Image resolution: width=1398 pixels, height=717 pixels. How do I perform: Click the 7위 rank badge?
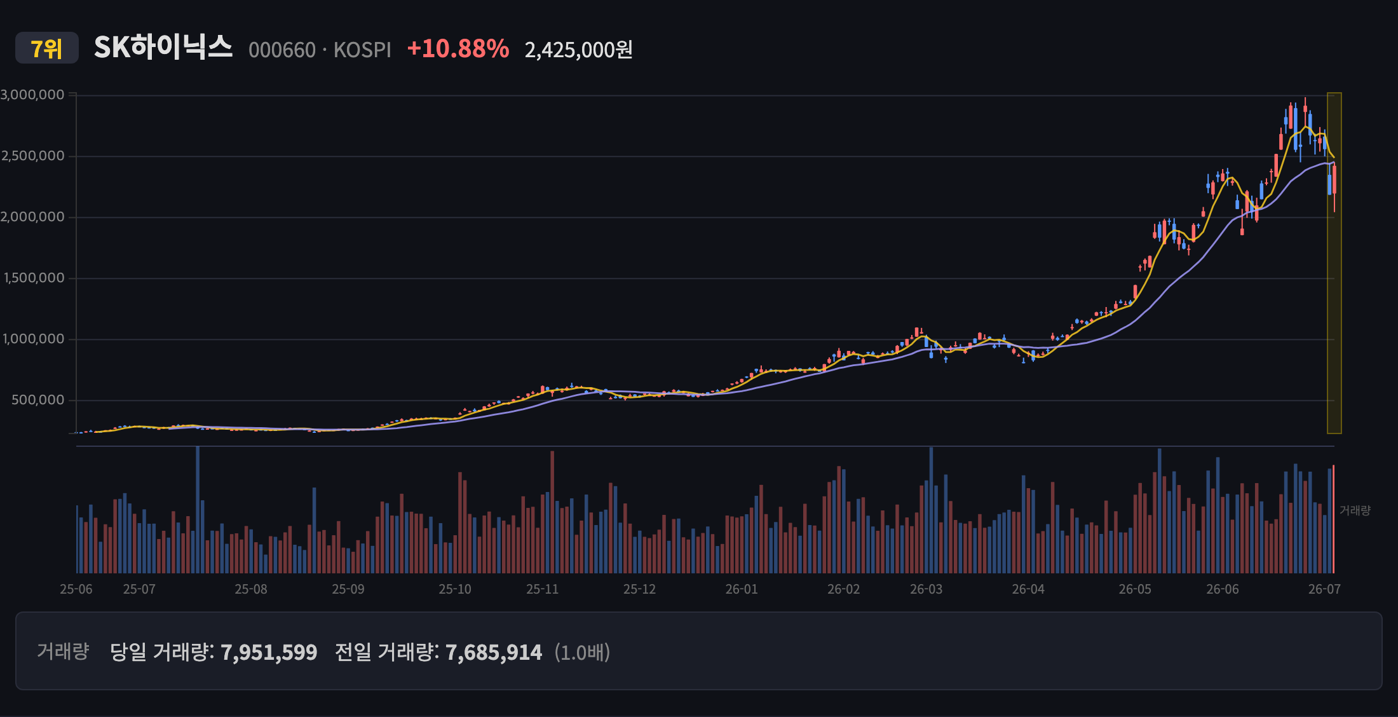tap(47, 48)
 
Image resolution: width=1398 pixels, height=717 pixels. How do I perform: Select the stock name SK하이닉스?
tap(163, 47)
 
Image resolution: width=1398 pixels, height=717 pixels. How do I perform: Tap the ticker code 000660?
tap(282, 50)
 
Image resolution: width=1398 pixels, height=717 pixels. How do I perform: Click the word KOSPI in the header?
tap(362, 50)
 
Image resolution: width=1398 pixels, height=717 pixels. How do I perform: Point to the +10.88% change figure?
tap(458, 48)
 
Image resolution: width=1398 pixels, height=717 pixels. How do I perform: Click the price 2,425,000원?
tap(578, 50)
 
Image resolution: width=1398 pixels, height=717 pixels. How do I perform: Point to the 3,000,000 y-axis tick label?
tap(32, 95)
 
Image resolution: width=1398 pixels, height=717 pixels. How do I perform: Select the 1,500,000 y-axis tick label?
tap(34, 278)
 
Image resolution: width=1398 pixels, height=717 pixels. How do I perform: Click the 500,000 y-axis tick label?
tap(38, 400)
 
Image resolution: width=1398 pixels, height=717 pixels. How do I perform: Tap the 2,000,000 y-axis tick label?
tap(32, 217)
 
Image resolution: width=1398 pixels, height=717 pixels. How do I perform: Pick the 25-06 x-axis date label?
tap(76, 589)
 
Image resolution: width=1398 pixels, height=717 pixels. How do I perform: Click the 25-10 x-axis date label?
tap(455, 589)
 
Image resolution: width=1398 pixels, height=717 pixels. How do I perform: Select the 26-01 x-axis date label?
tap(742, 589)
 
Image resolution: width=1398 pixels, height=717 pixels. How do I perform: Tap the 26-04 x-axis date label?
tap(1028, 589)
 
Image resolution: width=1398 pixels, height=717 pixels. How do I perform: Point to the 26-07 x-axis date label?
tap(1324, 589)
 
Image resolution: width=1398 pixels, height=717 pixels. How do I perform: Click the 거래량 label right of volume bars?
tap(1355, 510)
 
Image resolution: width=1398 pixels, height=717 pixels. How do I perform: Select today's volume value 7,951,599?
tap(269, 652)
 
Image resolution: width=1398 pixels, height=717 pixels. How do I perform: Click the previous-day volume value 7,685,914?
tap(494, 652)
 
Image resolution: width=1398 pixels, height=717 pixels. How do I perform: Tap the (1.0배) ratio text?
tap(582, 652)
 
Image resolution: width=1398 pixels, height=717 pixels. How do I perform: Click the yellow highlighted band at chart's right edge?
tap(1334, 263)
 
